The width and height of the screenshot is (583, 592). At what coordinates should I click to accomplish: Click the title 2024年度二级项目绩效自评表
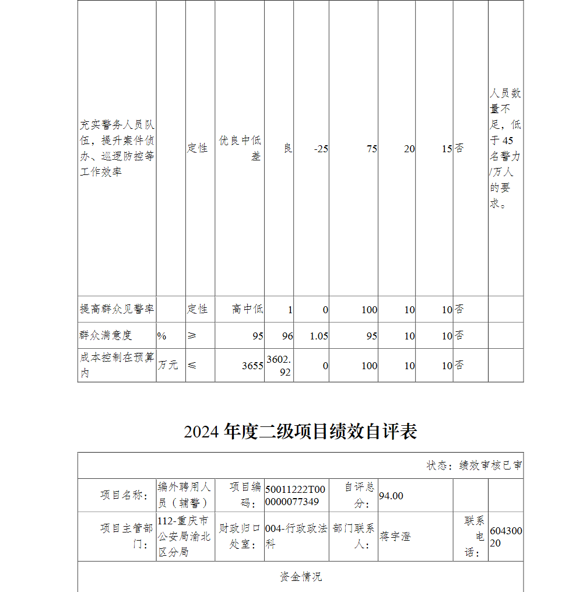coord(300,432)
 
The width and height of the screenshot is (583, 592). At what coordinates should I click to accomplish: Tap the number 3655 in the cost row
coord(252,366)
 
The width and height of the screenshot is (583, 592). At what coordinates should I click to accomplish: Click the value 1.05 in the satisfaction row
coord(319,336)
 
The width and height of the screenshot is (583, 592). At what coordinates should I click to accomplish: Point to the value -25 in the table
coord(321,149)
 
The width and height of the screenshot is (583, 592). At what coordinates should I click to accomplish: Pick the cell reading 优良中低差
coord(240,148)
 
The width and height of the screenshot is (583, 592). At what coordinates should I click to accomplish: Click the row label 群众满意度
coord(106,335)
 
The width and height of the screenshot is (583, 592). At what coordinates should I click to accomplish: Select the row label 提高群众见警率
coord(117,309)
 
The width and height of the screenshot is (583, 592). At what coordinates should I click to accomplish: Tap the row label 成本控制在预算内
coord(117,365)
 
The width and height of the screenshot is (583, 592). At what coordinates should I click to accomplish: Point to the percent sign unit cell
coord(161,336)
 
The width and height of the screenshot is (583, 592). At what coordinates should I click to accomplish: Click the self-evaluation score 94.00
coord(391,496)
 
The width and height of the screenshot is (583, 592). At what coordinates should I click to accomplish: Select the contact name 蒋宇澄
coord(395,537)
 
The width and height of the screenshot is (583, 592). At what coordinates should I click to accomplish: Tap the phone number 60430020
coord(505,537)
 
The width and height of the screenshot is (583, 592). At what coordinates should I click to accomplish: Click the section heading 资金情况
coord(300,577)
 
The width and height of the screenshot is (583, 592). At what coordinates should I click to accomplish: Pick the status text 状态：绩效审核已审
coord(474,465)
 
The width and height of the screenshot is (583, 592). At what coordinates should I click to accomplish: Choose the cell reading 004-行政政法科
coord(296,537)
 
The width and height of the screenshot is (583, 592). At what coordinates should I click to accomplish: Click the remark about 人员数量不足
coord(505,149)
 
